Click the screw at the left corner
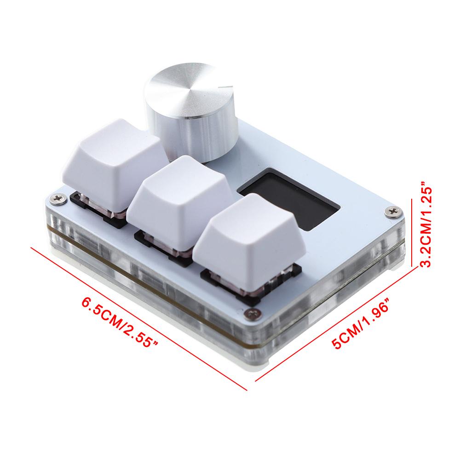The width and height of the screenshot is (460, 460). (57, 198)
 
